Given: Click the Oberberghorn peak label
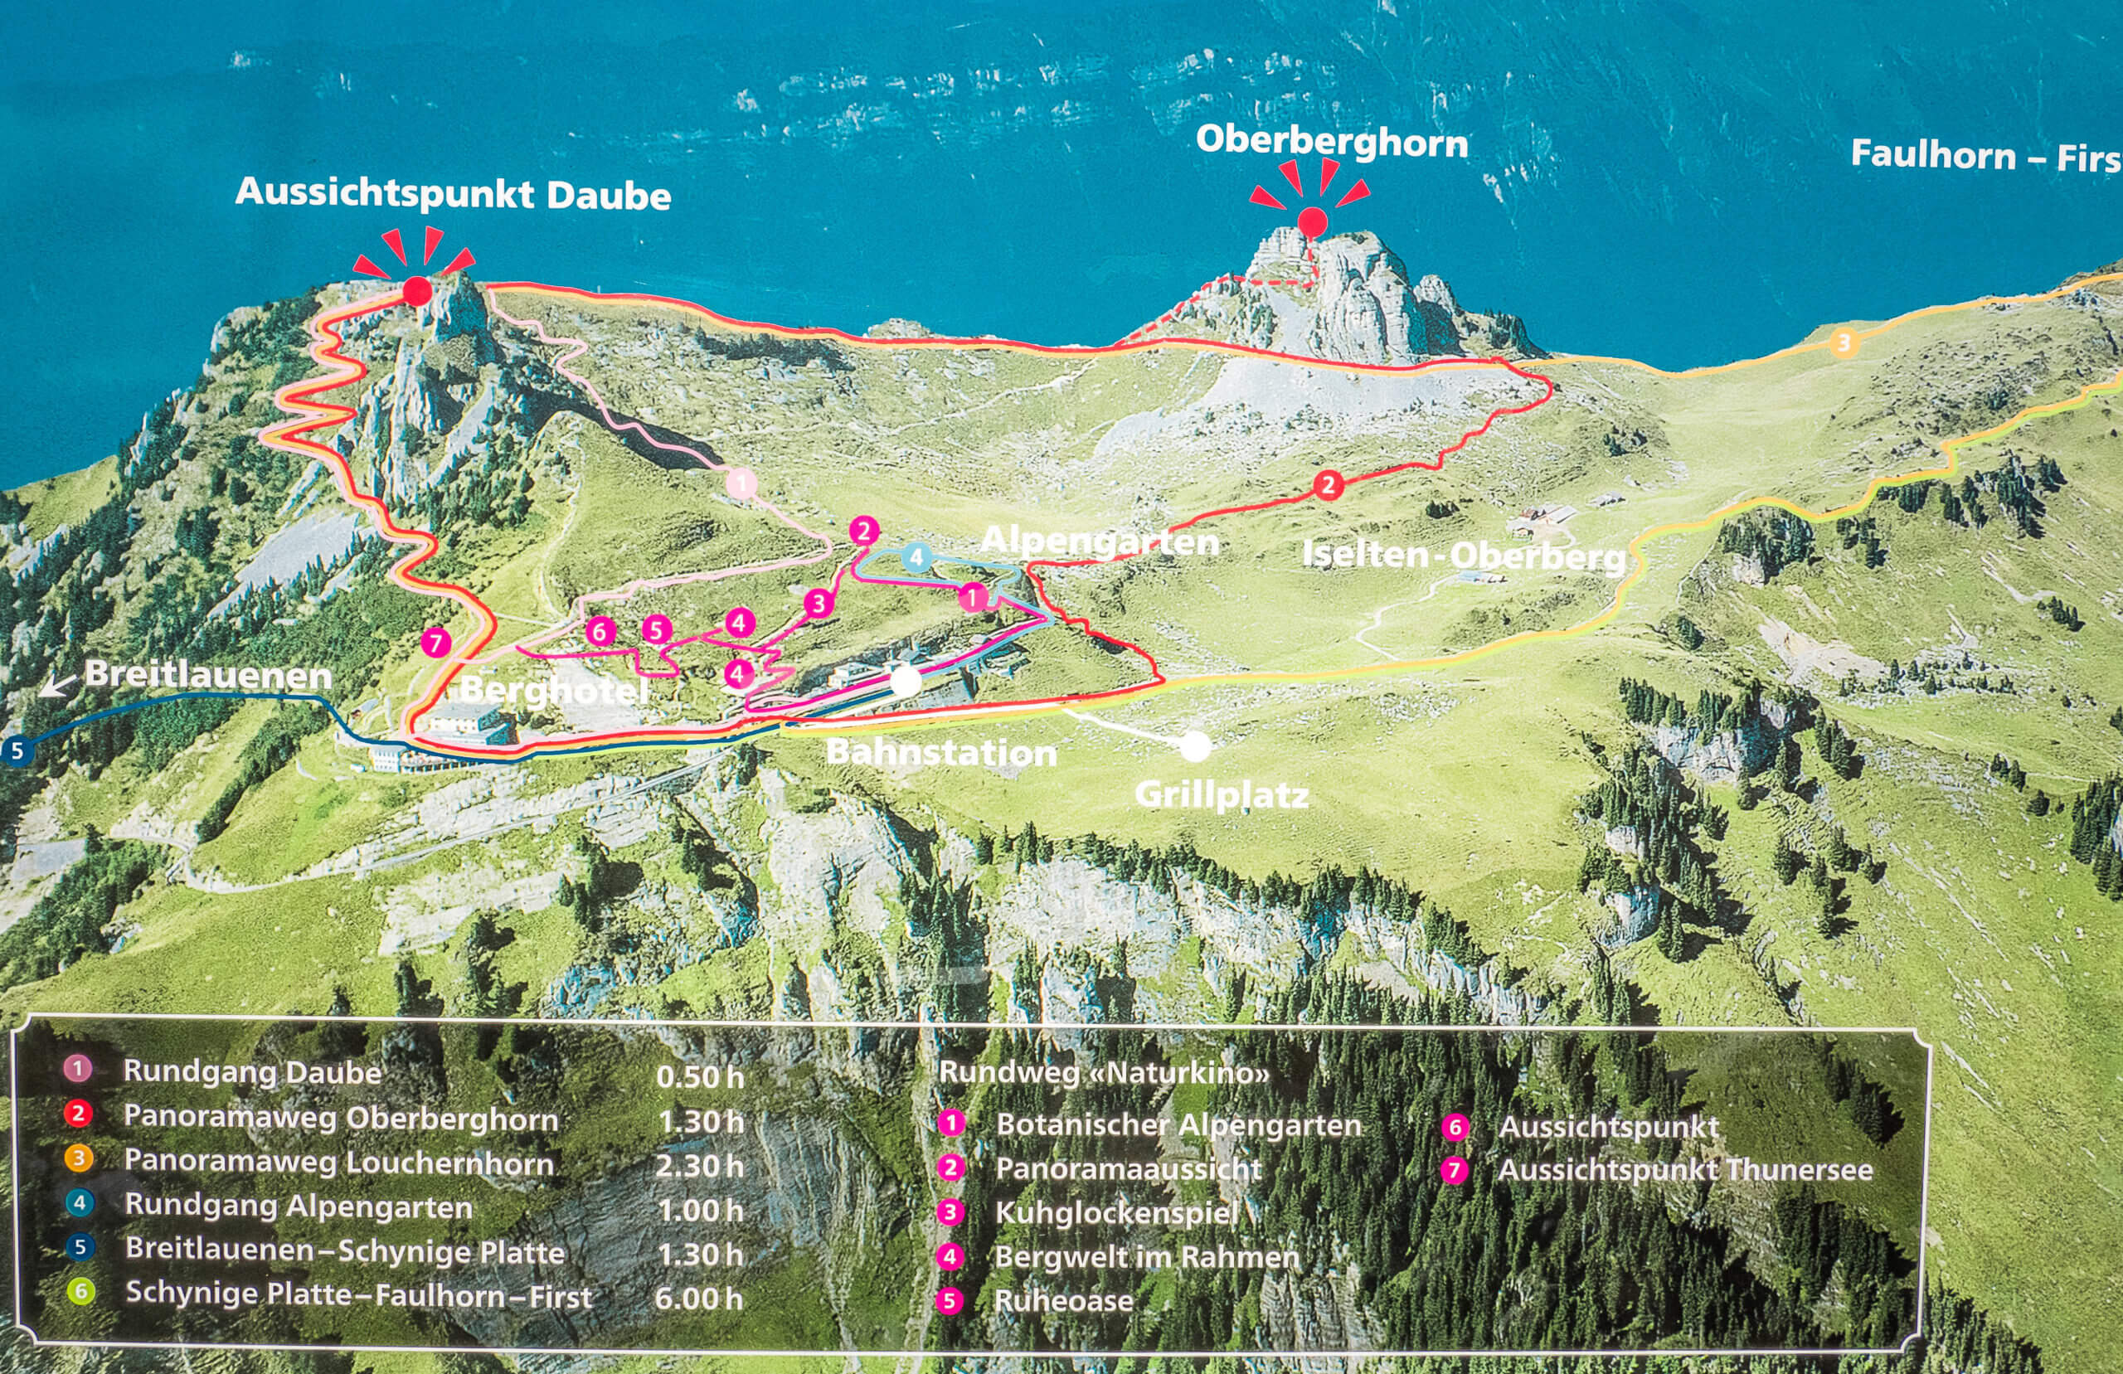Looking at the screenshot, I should [1331, 143].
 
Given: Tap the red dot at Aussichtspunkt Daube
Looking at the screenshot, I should [416, 291].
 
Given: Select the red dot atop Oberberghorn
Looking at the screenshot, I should [1312, 221].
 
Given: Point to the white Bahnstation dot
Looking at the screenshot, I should [906, 682].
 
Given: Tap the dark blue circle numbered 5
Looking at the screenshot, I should [16, 750].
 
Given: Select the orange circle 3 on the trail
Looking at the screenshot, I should [1844, 342].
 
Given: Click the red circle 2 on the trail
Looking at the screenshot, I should [1329, 485].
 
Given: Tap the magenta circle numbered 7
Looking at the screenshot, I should [435, 643].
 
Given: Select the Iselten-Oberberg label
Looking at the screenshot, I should [1463, 556].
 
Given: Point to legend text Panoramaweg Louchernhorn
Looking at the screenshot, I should [339, 1163].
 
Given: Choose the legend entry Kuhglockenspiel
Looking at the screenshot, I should [1116, 1212].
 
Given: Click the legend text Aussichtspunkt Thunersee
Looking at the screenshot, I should [1684, 1170].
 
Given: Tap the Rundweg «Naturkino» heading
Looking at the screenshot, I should [1104, 1072].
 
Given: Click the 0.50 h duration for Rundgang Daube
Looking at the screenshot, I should [699, 1077].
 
